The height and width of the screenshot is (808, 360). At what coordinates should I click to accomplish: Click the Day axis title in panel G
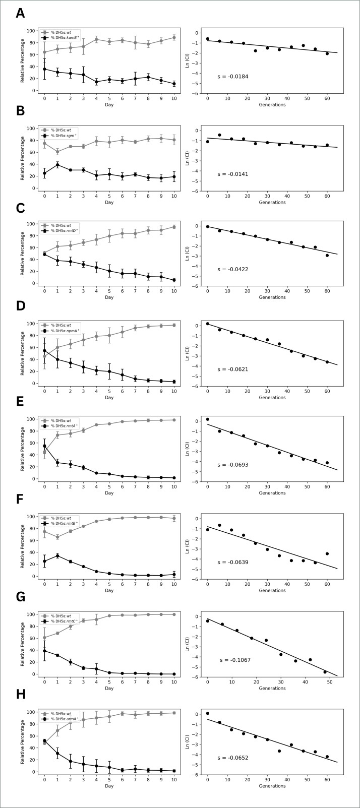[109, 688]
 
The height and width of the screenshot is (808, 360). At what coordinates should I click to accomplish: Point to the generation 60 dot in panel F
[327, 553]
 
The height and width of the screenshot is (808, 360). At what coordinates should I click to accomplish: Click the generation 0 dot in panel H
[207, 713]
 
